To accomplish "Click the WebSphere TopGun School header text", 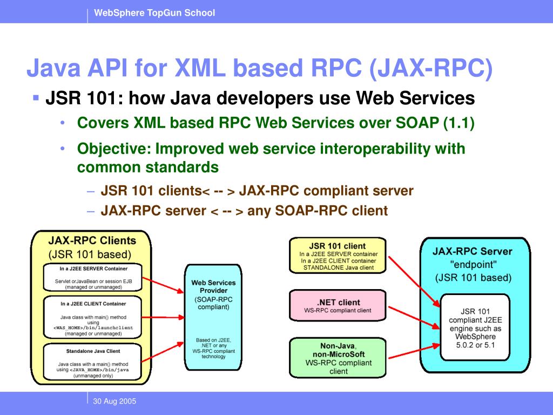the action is (154, 13).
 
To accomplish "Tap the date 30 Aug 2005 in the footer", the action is (114, 401).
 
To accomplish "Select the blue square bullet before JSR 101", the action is (36, 98).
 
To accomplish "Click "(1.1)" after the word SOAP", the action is (458, 123).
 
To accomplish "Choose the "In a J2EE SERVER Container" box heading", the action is (94, 269).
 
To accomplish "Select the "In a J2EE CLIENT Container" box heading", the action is (93, 304).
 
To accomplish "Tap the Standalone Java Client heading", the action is (93, 351).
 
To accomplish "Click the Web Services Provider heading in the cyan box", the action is (214, 286).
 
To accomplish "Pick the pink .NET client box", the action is (338, 306).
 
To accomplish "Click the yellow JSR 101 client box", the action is (338, 255).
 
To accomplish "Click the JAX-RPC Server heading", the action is (473, 251).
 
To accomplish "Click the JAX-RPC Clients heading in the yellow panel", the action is (92, 240).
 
